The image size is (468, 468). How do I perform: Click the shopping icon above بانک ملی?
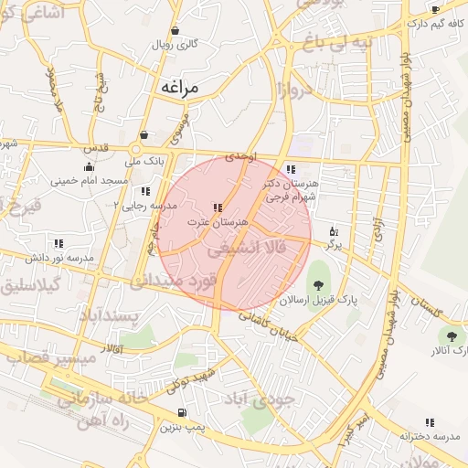(x=144, y=135)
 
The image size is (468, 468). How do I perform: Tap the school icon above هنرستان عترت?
(x=218, y=207)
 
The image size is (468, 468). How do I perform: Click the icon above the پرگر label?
(x=333, y=231)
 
